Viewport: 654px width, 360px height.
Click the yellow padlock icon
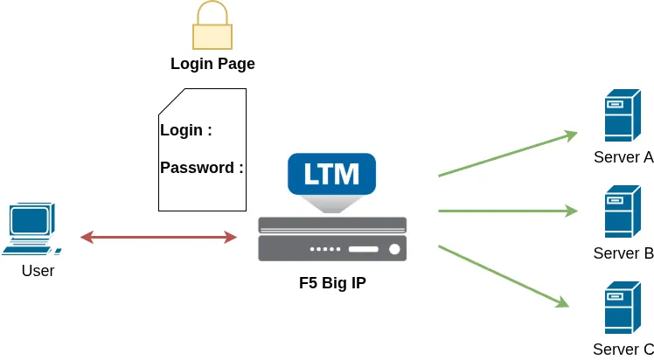[212, 27]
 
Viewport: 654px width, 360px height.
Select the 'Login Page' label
[212, 64]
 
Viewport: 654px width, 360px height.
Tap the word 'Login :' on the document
[186, 131]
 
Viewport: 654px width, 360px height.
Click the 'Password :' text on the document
[202, 168]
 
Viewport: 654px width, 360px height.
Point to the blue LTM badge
[331, 174]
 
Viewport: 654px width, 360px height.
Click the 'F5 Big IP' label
[332, 283]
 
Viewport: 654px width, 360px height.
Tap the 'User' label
[38, 271]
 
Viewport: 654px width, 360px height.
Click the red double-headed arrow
[158, 237]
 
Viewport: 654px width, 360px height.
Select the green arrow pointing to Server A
[507, 155]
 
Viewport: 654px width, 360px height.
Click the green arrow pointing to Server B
[507, 211]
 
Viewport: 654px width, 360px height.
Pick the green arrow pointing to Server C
[503, 276]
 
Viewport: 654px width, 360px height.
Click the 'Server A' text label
[623, 158]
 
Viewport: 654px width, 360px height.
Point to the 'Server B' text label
[623, 254]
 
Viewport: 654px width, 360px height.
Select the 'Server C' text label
[623, 350]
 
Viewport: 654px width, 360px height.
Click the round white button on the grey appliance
[394, 249]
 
